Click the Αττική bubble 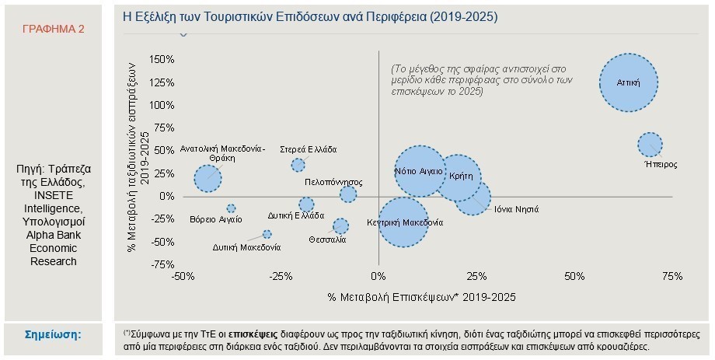629,82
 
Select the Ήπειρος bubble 650,145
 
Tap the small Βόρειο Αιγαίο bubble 231,208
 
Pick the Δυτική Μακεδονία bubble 267,234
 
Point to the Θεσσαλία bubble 340,225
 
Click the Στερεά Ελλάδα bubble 298,165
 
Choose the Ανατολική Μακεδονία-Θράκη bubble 208,178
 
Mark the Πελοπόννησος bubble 348,194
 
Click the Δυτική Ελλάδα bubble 306,204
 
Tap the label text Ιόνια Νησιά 517,209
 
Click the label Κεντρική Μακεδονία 405,222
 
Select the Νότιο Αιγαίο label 419,172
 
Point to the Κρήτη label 461,177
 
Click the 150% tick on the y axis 162,59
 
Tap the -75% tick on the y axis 162,264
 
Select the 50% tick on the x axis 574,276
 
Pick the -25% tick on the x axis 281,276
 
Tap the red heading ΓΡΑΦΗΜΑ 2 54,29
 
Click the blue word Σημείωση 53,334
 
